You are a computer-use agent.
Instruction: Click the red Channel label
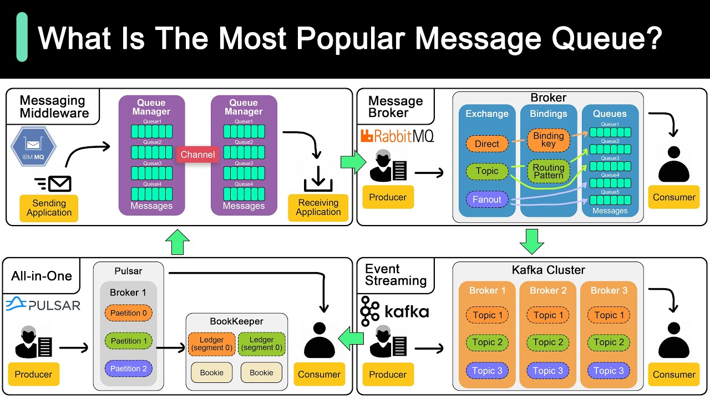click(197, 155)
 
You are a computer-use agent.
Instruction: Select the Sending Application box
click(49, 208)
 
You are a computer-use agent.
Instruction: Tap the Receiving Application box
click(318, 207)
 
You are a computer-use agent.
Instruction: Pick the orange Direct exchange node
click(487, 144)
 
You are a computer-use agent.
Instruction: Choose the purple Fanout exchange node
click(487, 199)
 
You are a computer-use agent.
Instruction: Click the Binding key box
click(549, 140)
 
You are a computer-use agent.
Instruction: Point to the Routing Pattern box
click(549, 171)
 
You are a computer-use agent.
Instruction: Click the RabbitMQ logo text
click(403, 136)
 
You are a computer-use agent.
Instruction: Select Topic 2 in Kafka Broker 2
click(548, 342)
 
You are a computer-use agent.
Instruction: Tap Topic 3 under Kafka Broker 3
click(608, 371)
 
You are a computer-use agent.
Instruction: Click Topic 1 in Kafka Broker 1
click(487, 315)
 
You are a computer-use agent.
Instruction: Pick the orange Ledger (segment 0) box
click(211, 344)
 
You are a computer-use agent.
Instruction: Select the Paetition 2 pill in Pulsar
click(129, 369)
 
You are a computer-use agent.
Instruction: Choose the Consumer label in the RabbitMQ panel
click(674, 197)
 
